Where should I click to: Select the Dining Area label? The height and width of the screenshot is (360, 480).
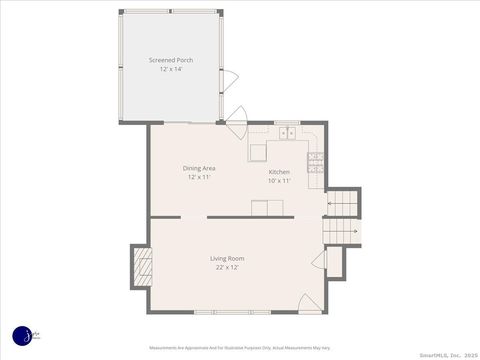(199, 168)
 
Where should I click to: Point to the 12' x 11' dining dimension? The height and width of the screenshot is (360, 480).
(199, 177)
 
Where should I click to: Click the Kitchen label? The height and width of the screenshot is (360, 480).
(279, 172)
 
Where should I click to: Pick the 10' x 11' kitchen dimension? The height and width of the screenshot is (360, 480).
(279, 181)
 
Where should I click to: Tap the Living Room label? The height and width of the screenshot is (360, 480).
(227, 259)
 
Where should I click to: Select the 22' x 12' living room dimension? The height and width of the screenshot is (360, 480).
(227, 268)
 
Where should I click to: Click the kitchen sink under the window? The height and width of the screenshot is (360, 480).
(287, 131)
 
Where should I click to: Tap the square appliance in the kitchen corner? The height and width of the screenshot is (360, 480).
(259, 152)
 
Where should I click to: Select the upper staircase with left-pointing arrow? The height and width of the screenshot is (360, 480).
(343, 204)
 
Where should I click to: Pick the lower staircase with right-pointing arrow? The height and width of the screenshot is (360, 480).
(341, 232)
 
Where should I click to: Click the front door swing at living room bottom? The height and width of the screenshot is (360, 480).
(311, 301)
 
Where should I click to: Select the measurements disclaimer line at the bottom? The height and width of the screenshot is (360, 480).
(240, 348)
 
